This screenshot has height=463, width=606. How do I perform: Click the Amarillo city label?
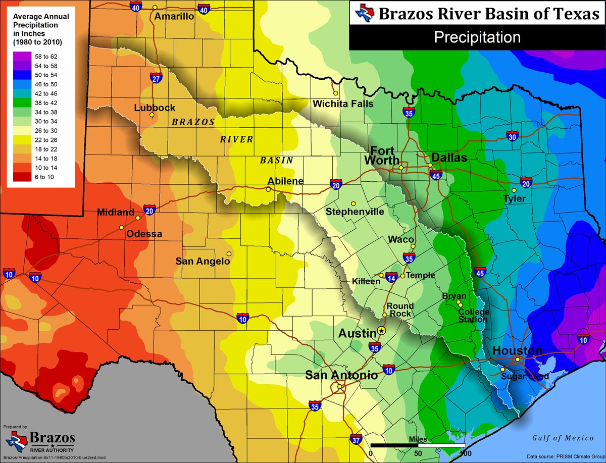click(174, 16)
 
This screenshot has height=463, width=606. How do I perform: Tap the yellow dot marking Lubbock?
click(152, 115)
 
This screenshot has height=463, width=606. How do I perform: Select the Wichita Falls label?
click(343, 104)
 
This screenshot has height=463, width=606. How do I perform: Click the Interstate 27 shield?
click(156, 78)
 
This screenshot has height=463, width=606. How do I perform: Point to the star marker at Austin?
click(381, 331)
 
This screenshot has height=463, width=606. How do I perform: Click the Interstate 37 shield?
click(356, 440)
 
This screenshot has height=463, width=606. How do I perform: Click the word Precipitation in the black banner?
click(477, 37)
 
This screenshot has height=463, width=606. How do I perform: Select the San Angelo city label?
click(203, 262)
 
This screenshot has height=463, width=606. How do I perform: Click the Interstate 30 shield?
click(512, 136)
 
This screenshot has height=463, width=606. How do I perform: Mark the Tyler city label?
click(515, 199)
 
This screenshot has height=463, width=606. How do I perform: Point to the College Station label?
click(473, 316)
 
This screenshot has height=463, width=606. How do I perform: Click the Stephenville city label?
click(355, 212)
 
